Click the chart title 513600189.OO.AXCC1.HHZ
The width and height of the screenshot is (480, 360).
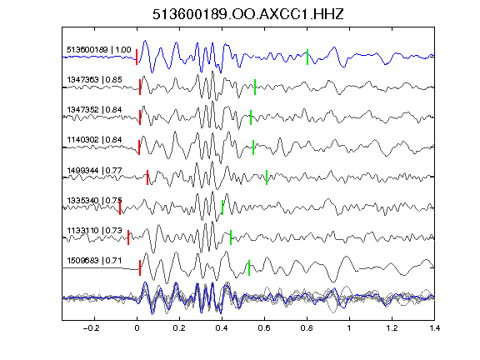pyautogui.click(x=248, y=14)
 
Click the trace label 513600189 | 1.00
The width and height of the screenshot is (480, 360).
pyautogui.click(x=99, y=50)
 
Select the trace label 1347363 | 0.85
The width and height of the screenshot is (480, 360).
pyautogui.click(x=95, y=80)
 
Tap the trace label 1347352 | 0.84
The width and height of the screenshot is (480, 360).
pyautogui.click(x=95, y=110)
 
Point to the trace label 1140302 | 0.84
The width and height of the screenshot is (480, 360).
pyautogui.click(x=95, y=140)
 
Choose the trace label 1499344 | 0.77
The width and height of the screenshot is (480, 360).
pyautogui.click(x=95, y=170)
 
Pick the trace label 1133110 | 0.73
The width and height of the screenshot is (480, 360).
pyautogui.click(x=95, y=230)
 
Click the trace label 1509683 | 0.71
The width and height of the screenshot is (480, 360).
pyautogui.click(x=95, y=260)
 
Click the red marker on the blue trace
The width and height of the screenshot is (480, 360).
pyautogui.click(x=137, y=57)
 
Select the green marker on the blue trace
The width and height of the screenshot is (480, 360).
pyautogui.click(x=307, y=57)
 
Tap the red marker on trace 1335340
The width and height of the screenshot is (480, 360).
pyautogui.click(x=120, y=207)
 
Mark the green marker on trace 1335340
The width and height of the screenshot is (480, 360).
pyautogui.click(x=222, y=207)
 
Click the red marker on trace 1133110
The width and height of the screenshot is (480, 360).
pyautogui.click(x=128, y=237)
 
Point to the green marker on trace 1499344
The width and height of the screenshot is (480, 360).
pyautogui.click(x=267, y=177)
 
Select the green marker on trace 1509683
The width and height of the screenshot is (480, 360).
pyautogui.click(x=249, y=267)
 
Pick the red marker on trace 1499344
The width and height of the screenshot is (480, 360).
pyautogui.click(x=147, y=177)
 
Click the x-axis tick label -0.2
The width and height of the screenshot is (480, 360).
pyautogui.click(x=92, y=328)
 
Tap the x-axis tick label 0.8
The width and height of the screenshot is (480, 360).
pyautogui.click(x=307, y=328)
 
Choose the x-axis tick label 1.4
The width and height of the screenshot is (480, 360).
pyautogui.click(x=435, y=328)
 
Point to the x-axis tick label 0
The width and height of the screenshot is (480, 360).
pyautogui.click(x=137, y=328)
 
